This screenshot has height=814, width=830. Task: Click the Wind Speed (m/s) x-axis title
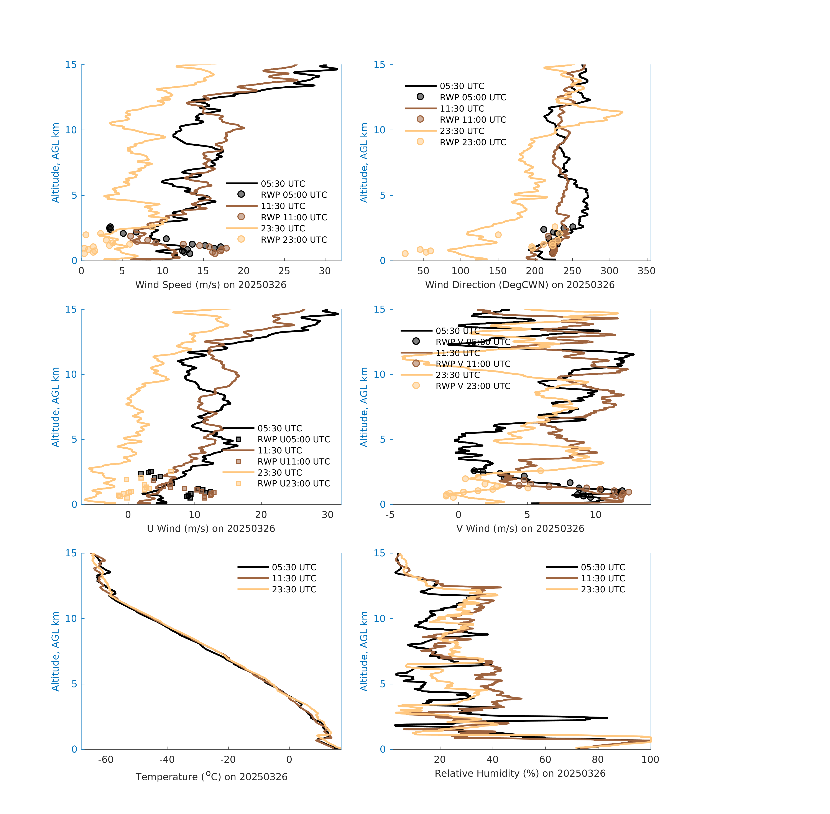coord(211,285)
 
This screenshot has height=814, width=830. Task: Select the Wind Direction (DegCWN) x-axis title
coord(520,285)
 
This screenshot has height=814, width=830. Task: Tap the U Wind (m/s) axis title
coord(211,528)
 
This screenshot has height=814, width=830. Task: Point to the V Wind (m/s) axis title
coord(520,528)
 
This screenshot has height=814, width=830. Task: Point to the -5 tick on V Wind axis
coord(390,515)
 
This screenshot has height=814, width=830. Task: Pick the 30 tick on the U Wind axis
coord(327,515)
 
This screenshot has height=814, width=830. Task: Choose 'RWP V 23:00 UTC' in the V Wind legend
coord(473,386)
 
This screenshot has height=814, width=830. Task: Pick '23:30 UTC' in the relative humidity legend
coord(603,590)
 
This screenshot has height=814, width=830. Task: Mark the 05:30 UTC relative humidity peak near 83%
coord(606,718)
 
